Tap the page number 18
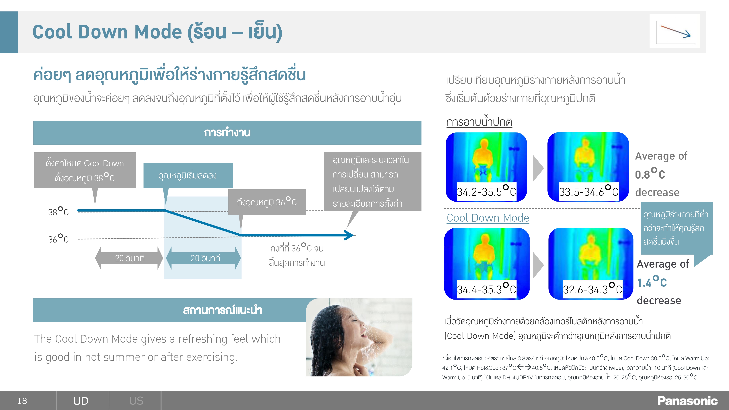tap(22, 401)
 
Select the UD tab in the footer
tap(81, 401)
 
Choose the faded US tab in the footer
tap(136, 401)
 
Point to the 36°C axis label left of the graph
tap(58, 239)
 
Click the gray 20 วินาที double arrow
tap(129, 258)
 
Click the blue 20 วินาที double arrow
tap(203, 258)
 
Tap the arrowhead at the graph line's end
tap(350, 235)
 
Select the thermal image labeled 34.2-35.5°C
tap(486, 167)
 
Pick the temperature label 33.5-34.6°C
tap(589, 192)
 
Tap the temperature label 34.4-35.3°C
tap(486, 289)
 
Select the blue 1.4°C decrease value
tap(652, 282)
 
